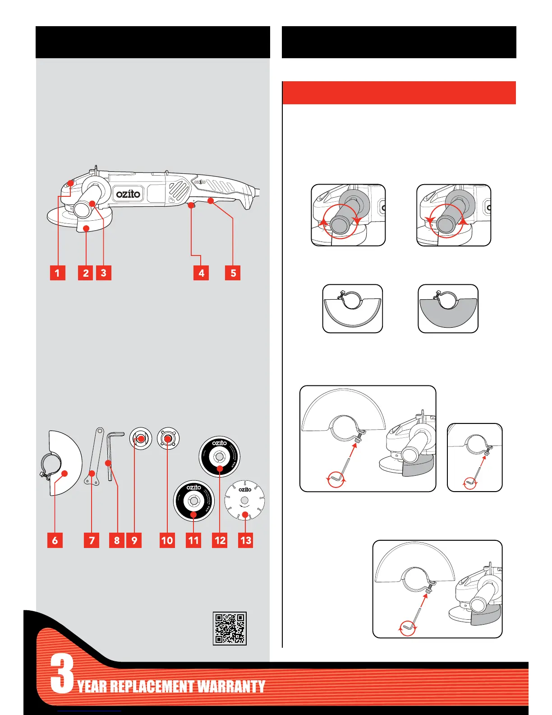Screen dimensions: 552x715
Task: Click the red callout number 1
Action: tap(57, 273)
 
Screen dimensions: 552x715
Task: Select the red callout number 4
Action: tap(201, 273)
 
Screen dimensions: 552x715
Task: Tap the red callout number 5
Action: tap(233, 273)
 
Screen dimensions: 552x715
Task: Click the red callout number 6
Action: tap(55, 540)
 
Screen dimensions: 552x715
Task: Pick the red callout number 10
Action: tap(167, 540)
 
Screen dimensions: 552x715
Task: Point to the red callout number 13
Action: tap(246, 540)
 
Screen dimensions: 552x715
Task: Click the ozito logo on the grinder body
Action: tap(129, 194)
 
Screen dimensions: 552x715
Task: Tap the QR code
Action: tap(230, 628)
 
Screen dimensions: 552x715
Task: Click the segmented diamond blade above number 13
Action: tap(244, 500)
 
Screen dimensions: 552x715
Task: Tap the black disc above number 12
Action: tap(220, 456)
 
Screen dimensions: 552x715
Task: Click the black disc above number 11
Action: tap(194, 501)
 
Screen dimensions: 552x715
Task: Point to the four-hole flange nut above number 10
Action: tap(168, 438)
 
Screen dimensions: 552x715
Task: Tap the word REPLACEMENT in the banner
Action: tap(152, 687)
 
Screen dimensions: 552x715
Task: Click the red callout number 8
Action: tap(117, 540)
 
